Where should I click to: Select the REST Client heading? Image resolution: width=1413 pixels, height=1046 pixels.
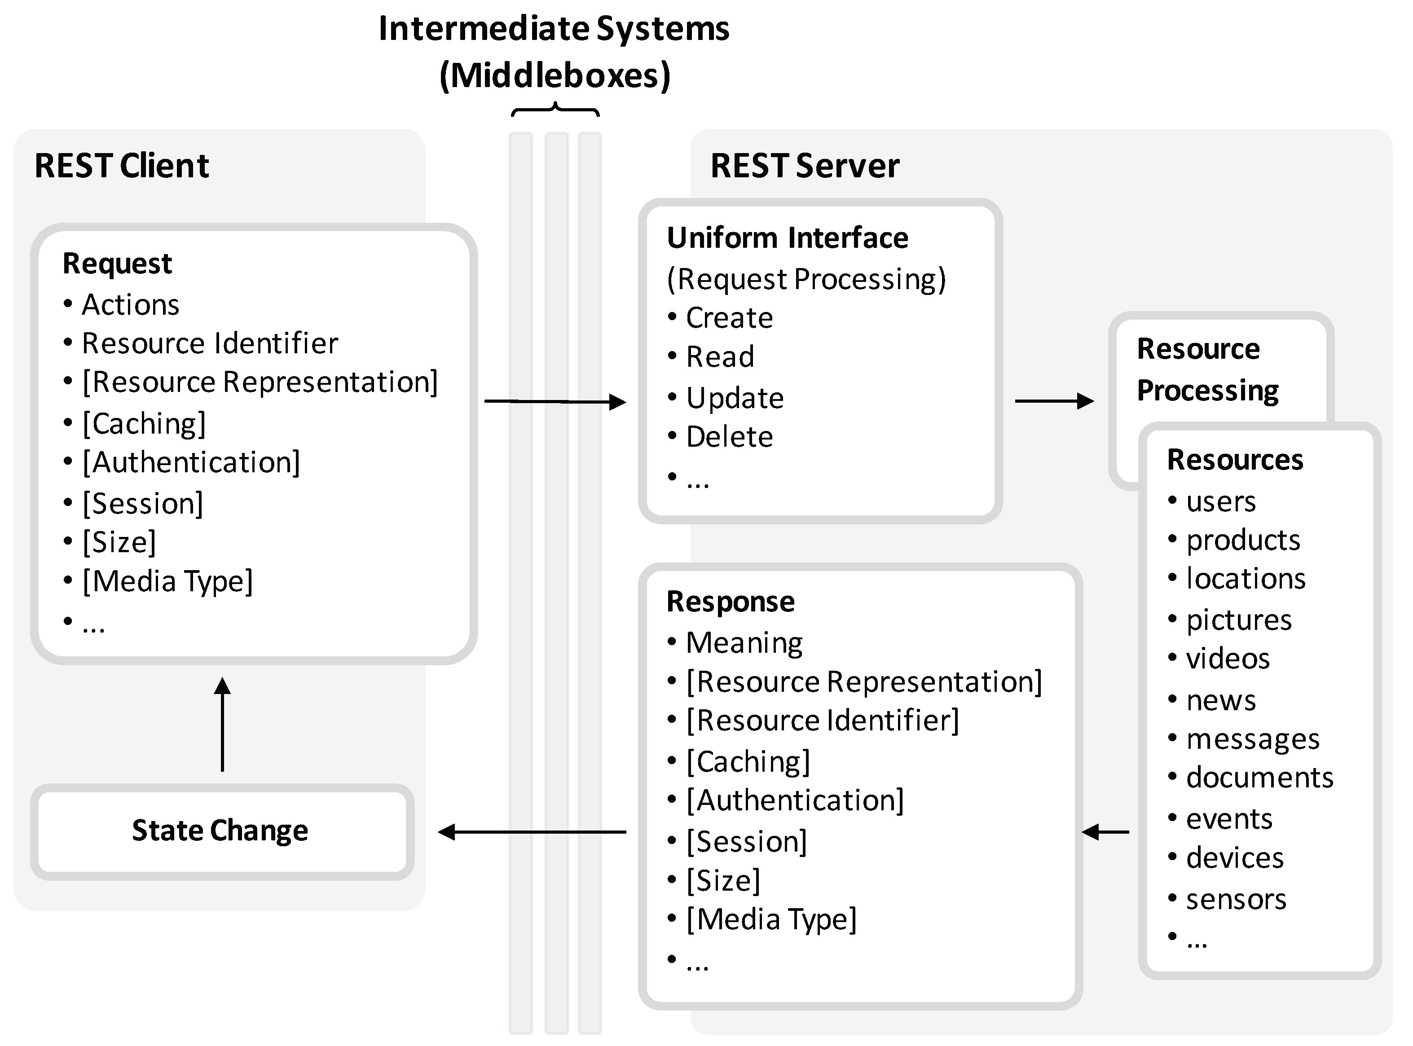tap(122, 166)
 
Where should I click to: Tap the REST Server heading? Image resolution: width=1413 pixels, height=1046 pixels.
tap(804, 166)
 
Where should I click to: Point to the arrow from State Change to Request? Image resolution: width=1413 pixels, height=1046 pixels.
tap(222, 725)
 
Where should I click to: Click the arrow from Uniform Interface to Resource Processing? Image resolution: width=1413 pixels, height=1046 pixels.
tap(1054, 401)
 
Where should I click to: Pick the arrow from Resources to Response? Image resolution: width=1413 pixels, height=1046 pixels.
tap(1105, 832)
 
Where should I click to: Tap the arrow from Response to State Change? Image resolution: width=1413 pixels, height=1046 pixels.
tap(532, 832)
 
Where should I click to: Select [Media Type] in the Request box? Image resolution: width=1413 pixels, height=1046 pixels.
tap(167, 581)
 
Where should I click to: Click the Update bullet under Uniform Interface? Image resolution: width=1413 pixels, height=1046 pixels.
tap(735, 398)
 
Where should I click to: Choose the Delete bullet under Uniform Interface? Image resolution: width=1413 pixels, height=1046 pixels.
tap(729, 437)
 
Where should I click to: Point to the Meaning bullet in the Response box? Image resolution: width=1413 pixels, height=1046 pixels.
tap(744, 643)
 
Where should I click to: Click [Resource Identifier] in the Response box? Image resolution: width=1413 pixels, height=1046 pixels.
tap(822, 721)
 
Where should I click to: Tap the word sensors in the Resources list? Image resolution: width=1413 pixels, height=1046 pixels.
tap(1236, 900)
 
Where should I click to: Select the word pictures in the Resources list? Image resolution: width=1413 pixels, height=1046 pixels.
tap(1238, 620)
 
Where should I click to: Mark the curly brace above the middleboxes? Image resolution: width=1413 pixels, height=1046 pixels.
tap(555, 111)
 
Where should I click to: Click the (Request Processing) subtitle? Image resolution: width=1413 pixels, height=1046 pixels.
tap(806, 279)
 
